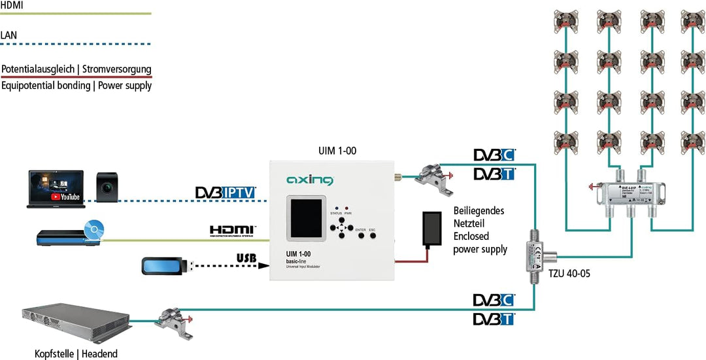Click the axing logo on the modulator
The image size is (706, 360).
point(310,180)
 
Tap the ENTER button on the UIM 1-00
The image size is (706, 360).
point(360,235)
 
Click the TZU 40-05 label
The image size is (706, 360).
point(569,274)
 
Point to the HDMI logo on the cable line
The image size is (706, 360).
point(233,230)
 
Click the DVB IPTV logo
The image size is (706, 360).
point(226,193)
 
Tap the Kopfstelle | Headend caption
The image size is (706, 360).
point(76,353)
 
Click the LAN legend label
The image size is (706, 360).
point(9,35)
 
